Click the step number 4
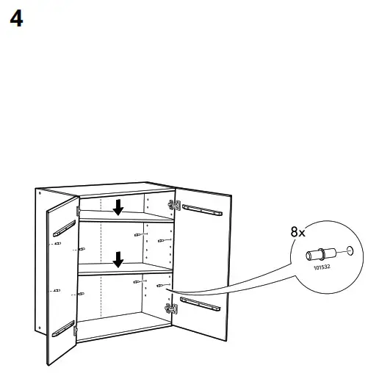(16, 19)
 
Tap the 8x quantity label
(297, 232)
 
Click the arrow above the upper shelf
(117, 208)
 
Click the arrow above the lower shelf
(117, 259)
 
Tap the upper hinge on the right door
(174, 206)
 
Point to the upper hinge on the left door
(76, 209)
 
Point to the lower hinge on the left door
(76, 332)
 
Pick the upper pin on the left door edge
(56, 242)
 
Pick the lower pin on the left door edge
(56, 292)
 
